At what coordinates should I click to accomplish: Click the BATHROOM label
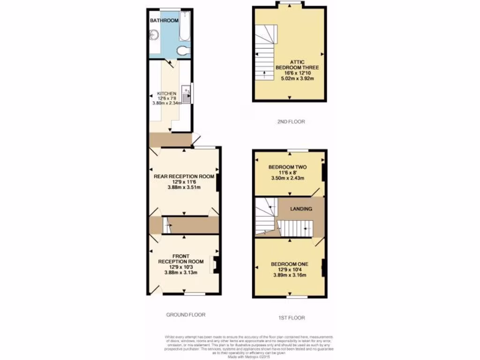(164, 21)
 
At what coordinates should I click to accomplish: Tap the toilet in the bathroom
(182, 50)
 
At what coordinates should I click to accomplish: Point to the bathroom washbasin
(154, 34)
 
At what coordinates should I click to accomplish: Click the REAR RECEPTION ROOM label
(184, 177)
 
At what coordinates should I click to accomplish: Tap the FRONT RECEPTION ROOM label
(180, 259)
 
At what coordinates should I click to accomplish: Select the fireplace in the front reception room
(216, 264)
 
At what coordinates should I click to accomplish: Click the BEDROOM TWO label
(288, 167)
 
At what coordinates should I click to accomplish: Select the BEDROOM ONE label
(289, 264)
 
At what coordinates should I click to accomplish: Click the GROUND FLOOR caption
(186, 315)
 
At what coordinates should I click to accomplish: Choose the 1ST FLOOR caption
(292, 318)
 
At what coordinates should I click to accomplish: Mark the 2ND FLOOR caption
(291, 122)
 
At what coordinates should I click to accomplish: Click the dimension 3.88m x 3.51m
(184, 187)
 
